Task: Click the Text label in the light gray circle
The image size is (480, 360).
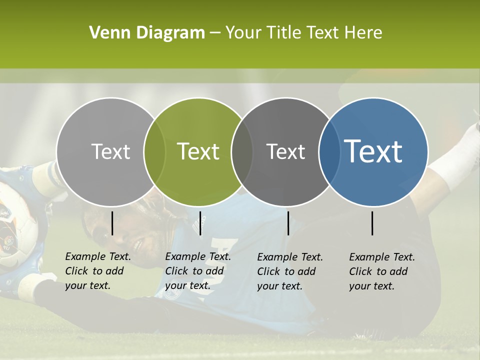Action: point(110,151)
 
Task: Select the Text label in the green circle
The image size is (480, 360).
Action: point(198,151)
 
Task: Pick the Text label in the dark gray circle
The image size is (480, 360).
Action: point(285,151)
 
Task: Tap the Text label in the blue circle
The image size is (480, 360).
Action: point(373,151)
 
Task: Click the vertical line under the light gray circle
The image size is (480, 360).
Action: point(112,223)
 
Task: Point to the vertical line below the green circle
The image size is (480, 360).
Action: point(200,223)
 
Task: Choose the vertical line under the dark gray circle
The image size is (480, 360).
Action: point(288,223)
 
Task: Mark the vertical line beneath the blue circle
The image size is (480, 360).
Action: point(372,223)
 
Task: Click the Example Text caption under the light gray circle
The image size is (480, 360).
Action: point(97,271)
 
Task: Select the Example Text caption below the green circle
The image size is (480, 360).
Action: point(197,271)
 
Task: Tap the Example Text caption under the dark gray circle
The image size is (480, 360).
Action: point(289,271)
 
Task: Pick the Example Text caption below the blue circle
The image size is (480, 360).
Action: point(381,271)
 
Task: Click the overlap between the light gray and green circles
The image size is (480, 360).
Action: point(154,151)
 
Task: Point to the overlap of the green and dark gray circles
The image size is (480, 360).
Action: point(242,151)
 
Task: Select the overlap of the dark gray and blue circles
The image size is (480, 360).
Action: point(329,151)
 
